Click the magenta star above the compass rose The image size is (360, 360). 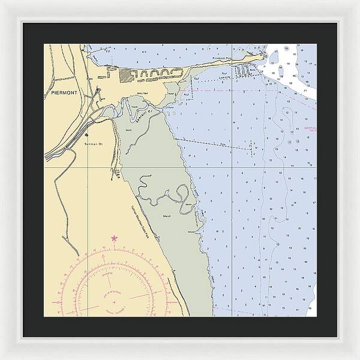114,239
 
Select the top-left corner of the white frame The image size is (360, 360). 2,2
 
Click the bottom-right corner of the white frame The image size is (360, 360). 358,358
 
